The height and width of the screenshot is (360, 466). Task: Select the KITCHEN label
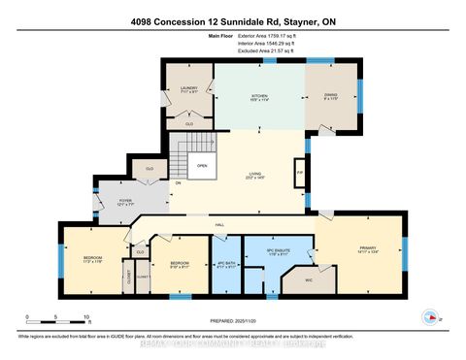click(x=259, y=97)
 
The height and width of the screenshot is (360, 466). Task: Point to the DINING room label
click(x=331, y=97)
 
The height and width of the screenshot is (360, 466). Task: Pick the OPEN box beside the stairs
click(x=202, y=165)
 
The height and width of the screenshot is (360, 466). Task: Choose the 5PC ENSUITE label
click(x=280, y=249)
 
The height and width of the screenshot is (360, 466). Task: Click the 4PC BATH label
click(x=226, y=263)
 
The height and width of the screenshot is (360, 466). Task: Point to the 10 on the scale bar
click(x=88, y=318)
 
